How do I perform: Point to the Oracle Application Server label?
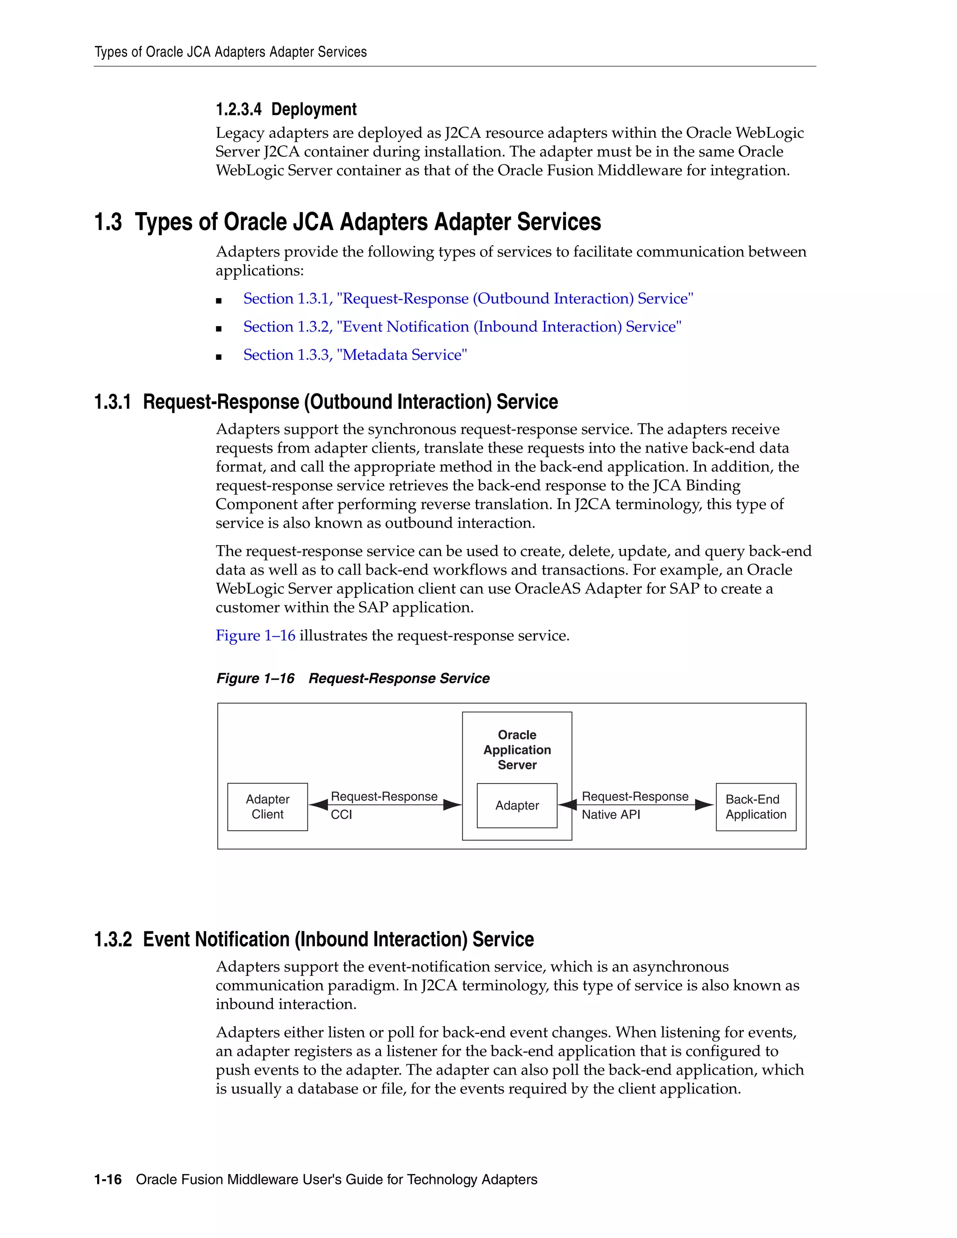(517, 749)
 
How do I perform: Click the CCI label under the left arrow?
(341, 815)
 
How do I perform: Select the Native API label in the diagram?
(611, 815)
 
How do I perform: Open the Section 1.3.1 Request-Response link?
(468, 299)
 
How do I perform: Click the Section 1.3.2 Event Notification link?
(462, 327)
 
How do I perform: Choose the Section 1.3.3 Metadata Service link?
(355, 355)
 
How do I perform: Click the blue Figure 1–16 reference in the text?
(255, 635)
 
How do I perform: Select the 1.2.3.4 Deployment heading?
(286, 109)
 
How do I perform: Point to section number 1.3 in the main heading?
(108, 221)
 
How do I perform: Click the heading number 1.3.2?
(113, 939)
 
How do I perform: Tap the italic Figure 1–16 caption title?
(353, 678)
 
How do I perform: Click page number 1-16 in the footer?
(108, 1180)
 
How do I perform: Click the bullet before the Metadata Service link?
(219, 356)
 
